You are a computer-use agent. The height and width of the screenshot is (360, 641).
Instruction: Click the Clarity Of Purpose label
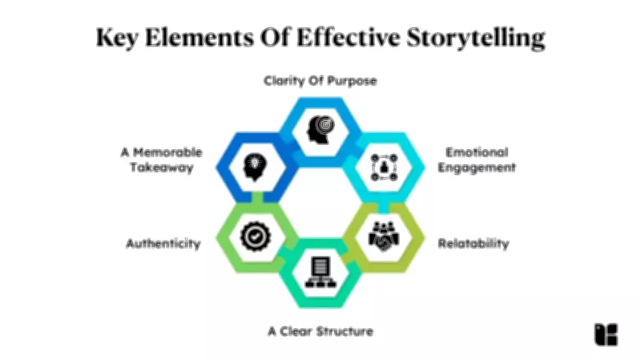[320, 81]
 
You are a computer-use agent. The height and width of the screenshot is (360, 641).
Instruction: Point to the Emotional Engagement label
[478, 160]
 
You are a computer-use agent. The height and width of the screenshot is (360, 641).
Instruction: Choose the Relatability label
[474, 243]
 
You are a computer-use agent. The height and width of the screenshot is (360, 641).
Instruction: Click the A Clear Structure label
[320, 330]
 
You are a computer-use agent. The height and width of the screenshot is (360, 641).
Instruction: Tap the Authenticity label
[163, 243]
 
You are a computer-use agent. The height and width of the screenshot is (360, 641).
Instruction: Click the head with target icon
[320, 127]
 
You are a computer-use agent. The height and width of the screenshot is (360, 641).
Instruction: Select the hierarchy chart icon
[320, 273]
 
